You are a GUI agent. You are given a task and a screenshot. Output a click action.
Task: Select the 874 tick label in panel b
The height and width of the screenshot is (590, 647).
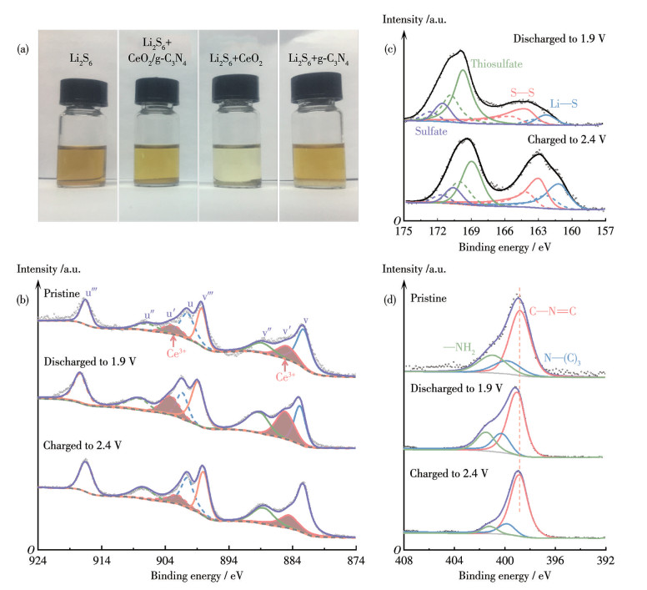pyautogui.click(x=356, y=562)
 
